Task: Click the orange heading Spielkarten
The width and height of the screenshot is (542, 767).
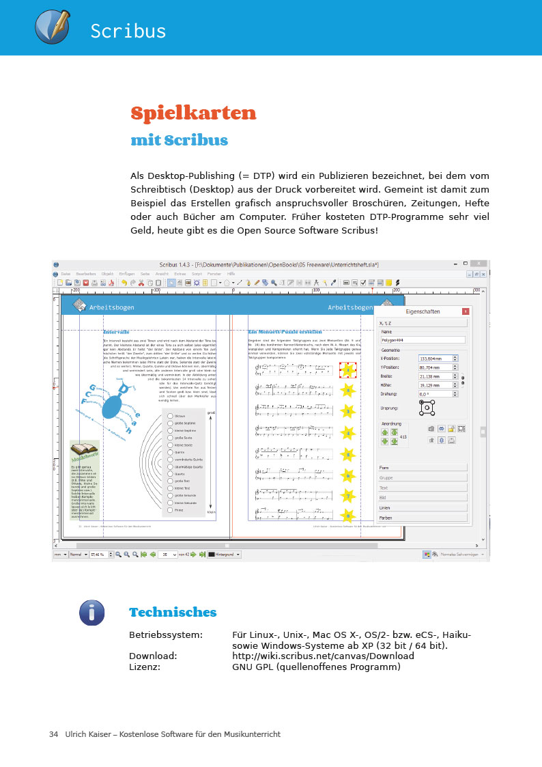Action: click(193, 113)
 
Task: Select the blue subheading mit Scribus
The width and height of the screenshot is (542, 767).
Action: click(179, 141)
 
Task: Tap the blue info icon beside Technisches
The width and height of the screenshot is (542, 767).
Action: click(91, 613)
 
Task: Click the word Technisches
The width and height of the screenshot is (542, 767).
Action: click(173, 612)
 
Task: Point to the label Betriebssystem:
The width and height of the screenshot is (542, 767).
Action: click(166, 635)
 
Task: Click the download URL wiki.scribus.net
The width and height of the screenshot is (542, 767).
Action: click(323, 656)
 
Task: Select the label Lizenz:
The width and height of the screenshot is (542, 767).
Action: click(145, 667)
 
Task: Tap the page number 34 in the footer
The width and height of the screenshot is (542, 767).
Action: click(53, 734)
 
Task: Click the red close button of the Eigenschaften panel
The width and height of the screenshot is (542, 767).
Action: click(466, 311)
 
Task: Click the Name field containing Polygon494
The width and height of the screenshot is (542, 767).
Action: click(422, 339)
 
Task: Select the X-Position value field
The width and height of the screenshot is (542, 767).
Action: click(437, 359)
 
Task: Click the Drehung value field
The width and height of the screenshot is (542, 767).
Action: click(437, 394)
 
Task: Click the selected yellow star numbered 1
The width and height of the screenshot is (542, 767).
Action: click(348, 369)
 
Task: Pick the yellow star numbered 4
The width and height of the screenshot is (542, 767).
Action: click(348, 433)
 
